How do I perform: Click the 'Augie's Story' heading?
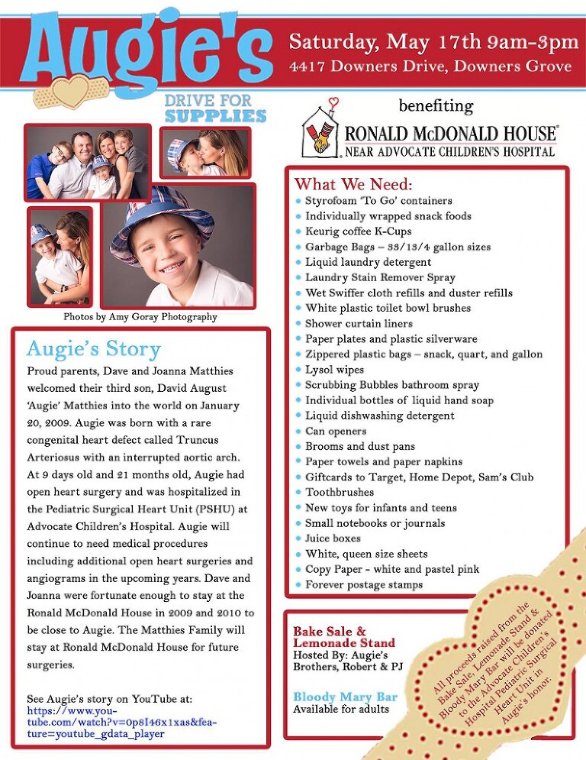click(94, 349)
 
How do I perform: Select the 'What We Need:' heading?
click(353, 184)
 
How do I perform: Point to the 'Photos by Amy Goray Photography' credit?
click(140, 317)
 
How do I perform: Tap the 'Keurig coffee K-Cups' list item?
click(358, 231)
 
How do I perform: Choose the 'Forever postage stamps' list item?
click(364, 585)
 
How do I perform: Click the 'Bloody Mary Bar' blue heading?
click(345, 697)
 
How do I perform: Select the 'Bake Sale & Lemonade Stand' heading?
click(344, 637)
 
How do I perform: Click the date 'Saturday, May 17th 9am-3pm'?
click(433, 41)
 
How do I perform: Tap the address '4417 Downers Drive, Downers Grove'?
click(430, 66)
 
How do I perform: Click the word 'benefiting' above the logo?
click(436, 105)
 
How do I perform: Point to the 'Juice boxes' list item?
click(333, 538)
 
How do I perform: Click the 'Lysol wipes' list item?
click(334, 370)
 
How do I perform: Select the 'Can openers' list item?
click(336, 431)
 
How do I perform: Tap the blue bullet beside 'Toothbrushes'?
click(298, 493)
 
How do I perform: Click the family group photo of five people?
click(87, 162)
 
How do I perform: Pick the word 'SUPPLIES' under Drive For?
click(215, 116)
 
